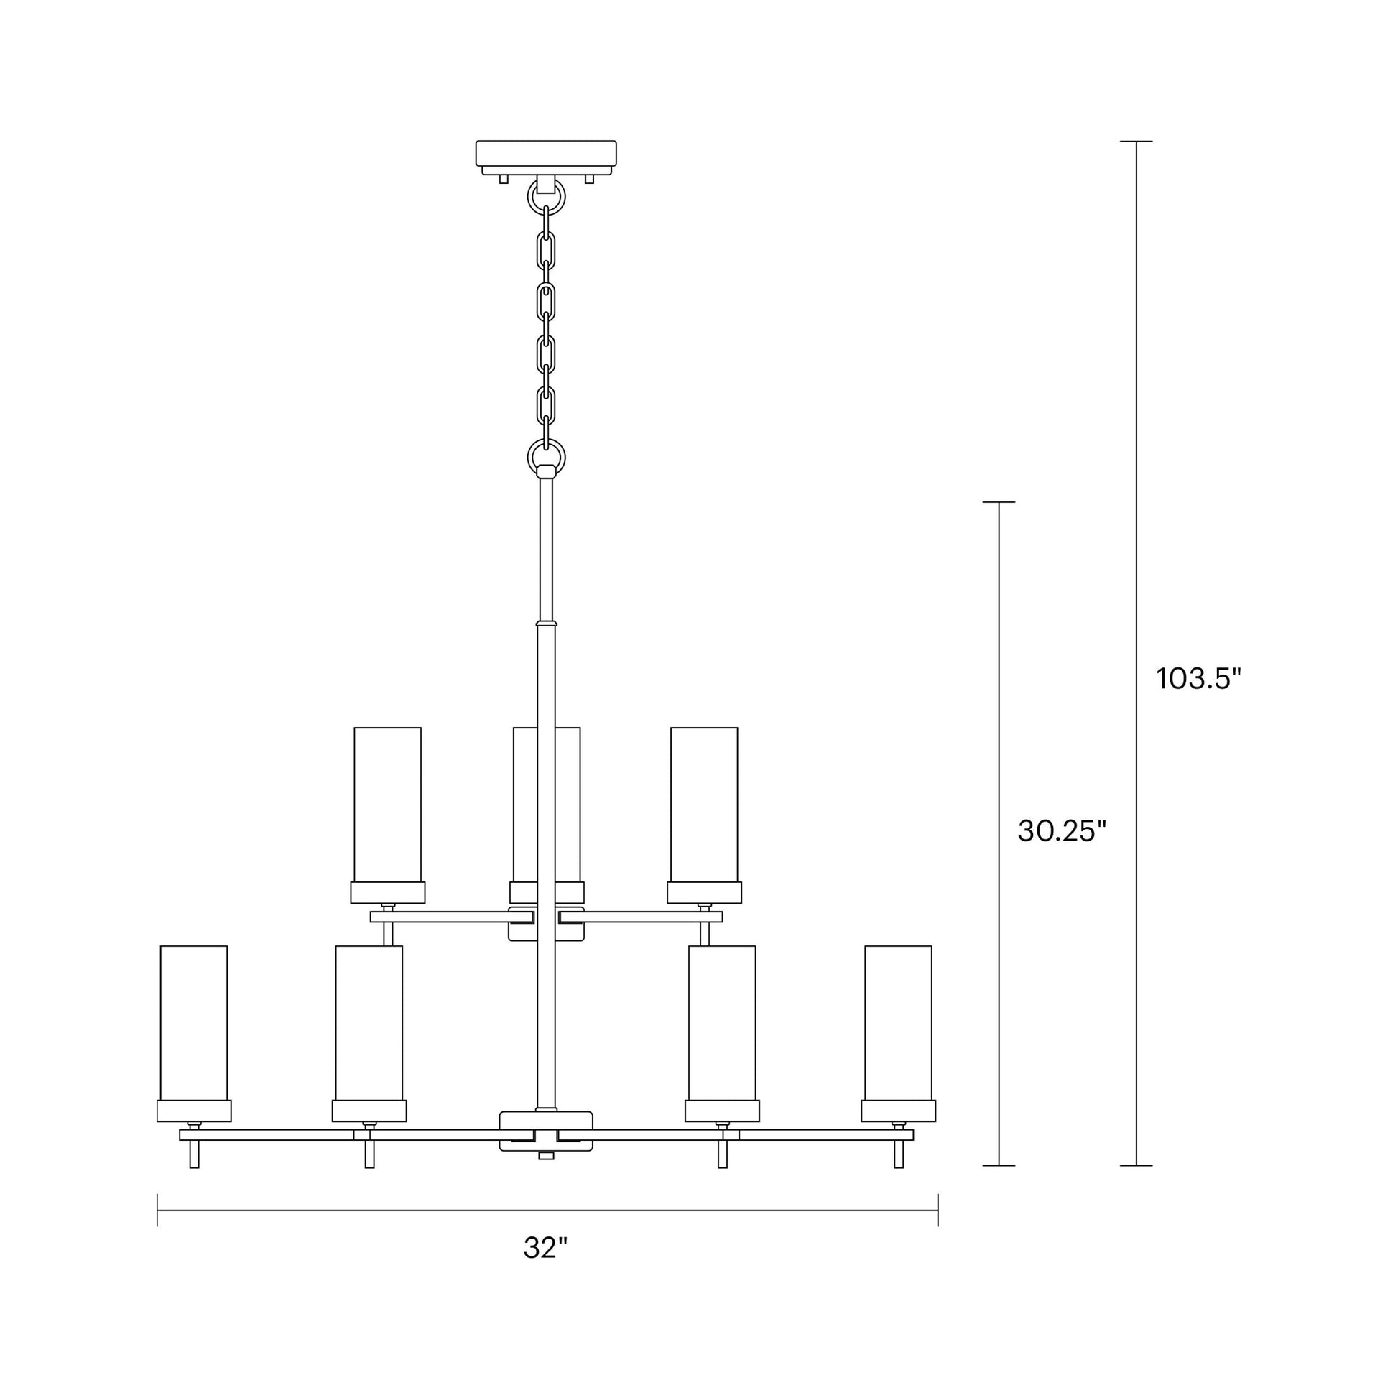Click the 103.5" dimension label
pos(1198,679)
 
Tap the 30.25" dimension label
pos(1063,831)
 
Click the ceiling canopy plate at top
pos(545,154)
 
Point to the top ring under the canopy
pos(545,195)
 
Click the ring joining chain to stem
pos(545,456)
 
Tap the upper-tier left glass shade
pos(387,804)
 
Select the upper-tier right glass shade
pos(704,804)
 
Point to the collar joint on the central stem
pos(545,622)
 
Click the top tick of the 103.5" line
pos(1136,141)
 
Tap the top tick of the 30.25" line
pos(999,501)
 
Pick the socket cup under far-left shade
pos(194,1111)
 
